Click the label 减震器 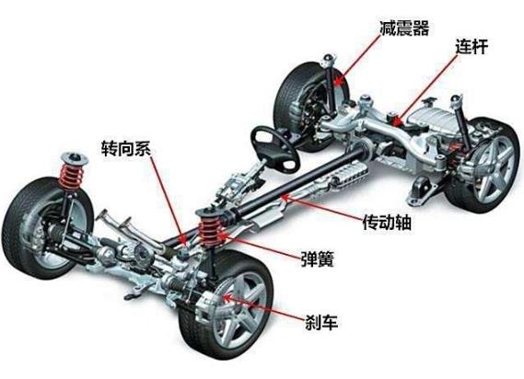click(404, 28)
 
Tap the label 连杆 click(472, 47)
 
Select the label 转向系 click(126, 148)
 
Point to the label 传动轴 click(387, 222)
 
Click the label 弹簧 click(317, 258)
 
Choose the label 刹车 click(321, 322)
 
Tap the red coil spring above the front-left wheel click(71, 177)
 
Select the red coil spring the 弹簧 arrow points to click(212, 230)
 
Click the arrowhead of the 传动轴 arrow click(284, 198)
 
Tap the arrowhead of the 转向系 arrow click(182, 239)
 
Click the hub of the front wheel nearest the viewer click(237, 307)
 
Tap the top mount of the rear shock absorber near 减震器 click(328, 61)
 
